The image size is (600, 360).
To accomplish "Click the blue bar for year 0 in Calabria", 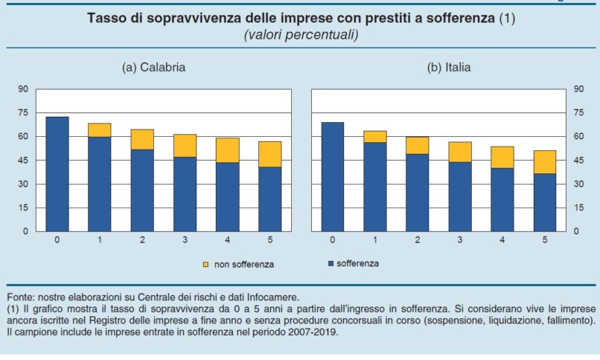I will click(57, 174).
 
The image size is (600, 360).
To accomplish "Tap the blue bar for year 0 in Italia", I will click(333, 176).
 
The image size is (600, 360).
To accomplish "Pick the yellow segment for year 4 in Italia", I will click(503, 157).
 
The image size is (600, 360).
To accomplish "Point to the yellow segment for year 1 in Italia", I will click(375, 136).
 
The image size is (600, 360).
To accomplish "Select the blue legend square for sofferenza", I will click(328, 263).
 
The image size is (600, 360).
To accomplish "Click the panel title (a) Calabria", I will click(153, 67).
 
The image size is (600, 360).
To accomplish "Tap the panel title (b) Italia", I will click(448, 67).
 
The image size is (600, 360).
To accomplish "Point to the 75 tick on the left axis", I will click(22, 112).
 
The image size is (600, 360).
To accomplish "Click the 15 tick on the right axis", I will click(578, 207).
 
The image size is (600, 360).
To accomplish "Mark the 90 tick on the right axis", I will click(578, 89).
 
